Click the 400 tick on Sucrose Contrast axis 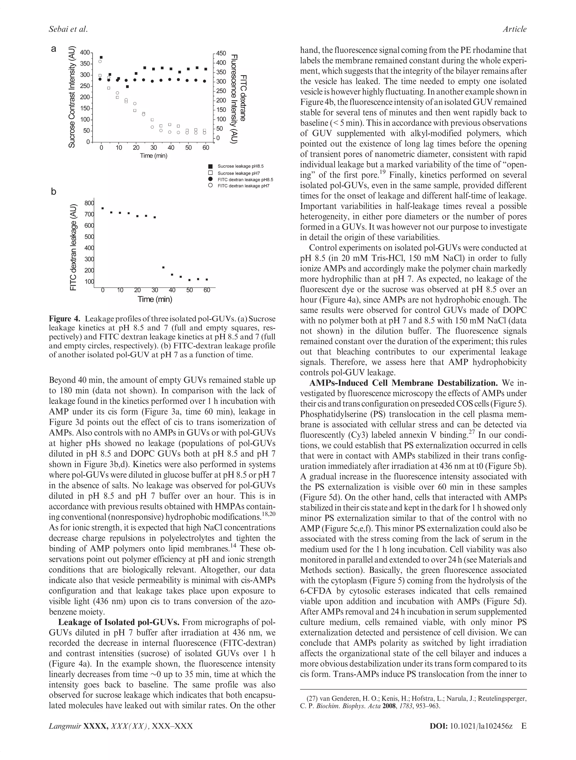coord(84,53)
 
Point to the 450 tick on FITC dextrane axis coord(221,53)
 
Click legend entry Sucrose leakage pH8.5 coord(240,166)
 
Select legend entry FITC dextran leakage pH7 coord(243,186)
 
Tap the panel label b coord(53,191)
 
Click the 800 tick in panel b coord(89,203)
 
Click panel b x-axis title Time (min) coord(155,299)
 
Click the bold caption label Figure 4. coord(64,319)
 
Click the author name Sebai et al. coord(68,30)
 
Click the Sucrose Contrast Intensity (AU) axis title coord(72,97)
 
